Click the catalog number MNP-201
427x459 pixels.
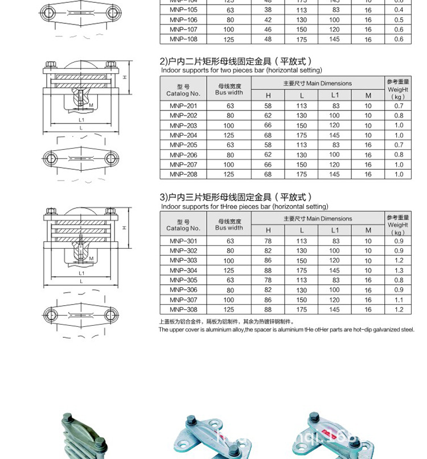(183, 106)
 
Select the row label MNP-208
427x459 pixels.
(183, 174)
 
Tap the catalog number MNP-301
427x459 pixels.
(183, 241)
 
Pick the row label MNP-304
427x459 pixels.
(183, 271)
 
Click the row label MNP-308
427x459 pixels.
(183, 310)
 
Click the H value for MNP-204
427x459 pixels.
(268, 136)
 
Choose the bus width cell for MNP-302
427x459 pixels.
(230, 251)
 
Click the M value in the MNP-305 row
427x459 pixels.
(368, 280)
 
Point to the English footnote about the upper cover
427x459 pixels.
(286, 330)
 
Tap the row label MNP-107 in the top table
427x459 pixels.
(183, 29)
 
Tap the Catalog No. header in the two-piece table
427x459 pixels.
(183, 90)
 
